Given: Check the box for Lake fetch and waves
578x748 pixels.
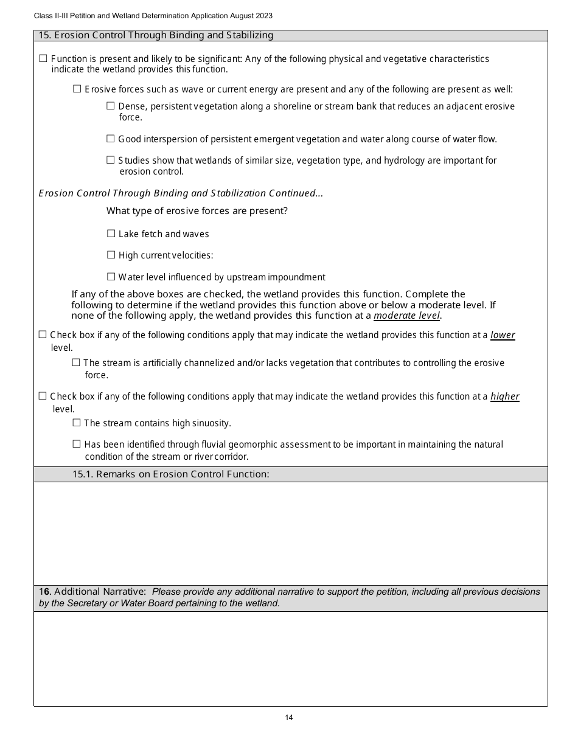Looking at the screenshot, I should pos(111,234).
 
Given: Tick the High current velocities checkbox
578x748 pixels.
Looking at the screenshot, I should pos(111,255).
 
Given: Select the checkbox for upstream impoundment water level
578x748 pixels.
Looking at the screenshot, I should pos(111,277).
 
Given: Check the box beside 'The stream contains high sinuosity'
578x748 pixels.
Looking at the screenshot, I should pos(77,423).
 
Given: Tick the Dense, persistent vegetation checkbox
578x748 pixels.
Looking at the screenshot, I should pos(111,106).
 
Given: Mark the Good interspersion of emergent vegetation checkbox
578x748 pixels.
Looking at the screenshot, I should pos(111,139).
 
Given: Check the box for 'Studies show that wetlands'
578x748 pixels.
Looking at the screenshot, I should pos(111,160).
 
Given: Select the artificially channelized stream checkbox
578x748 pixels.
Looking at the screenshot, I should pos(76,362).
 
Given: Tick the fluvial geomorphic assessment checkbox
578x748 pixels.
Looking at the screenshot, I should pos(77,444).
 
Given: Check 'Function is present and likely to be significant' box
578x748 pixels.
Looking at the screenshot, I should pos(43,59).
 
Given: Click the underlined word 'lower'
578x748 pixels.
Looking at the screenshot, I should pos(503,335).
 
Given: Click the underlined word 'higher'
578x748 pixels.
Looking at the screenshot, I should pos(504,397).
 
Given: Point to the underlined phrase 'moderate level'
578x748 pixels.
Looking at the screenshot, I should pos(406,316).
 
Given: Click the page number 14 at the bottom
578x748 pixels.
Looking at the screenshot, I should pos(289,718).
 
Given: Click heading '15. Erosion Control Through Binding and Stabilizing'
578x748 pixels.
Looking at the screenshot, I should pos(156,35).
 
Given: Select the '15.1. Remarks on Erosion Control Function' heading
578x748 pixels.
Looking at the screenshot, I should pos(170,474).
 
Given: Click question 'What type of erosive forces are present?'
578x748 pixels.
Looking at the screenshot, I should pos(197,211).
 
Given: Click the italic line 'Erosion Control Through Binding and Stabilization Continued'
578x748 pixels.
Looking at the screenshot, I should pos(181,193).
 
